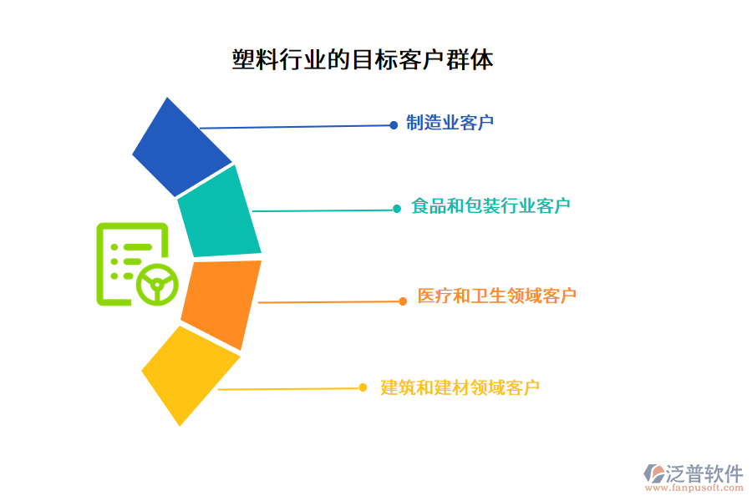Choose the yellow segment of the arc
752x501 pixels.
(190, 374)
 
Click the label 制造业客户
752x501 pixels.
(450, 124)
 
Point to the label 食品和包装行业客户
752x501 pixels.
(490, 206)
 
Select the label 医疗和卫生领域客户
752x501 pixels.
(496, 296)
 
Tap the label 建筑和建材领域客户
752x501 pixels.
(460, 387)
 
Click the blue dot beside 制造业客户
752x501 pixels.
(394, 125)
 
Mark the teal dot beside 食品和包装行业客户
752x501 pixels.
(397, 209)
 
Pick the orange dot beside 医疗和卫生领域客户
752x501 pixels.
(403, 301)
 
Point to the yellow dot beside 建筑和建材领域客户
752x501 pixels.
(363, 387)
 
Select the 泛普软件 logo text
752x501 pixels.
(704, 473)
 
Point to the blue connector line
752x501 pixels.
(297, 127)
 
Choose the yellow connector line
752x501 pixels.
(288, 388)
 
